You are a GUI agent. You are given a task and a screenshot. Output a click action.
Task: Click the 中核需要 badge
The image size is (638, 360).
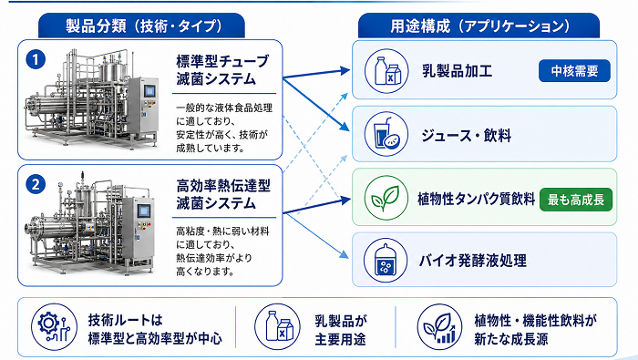[574, 71]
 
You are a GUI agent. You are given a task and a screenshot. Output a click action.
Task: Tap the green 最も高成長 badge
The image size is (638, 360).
[576, 200]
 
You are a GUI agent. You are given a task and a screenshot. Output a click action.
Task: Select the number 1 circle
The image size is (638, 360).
[36, 60]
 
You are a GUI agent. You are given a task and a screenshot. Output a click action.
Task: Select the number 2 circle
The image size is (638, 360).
[36, 185]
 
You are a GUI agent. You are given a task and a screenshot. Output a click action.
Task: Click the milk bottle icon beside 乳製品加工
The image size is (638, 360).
[386, 71]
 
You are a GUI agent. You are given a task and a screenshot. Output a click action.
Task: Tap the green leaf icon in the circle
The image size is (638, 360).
[386, 198]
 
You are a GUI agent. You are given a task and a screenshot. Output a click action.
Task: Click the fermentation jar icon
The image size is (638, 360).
[386, 261]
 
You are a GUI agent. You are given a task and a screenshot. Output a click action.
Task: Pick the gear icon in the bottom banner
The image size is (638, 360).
[54, 326]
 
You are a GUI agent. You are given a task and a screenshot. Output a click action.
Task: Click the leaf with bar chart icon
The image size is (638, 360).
[440, 327]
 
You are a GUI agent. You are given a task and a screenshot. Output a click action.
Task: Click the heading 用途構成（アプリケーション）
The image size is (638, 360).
[479, 26]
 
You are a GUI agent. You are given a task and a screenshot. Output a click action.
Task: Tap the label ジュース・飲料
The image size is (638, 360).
[467, 136]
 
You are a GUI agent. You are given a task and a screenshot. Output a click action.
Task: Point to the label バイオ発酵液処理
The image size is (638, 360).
[473, 261]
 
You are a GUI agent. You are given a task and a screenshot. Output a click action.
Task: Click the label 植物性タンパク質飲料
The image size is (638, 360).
[476, 199]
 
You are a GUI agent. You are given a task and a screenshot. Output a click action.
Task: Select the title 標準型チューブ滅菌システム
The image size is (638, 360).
[222, 70]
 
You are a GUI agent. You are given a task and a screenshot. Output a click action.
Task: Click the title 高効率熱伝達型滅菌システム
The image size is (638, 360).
[223, 194]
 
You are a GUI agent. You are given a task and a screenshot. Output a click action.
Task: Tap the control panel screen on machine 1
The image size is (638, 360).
[150, 91]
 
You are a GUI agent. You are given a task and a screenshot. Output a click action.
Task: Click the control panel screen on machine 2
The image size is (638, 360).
[144, 211]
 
